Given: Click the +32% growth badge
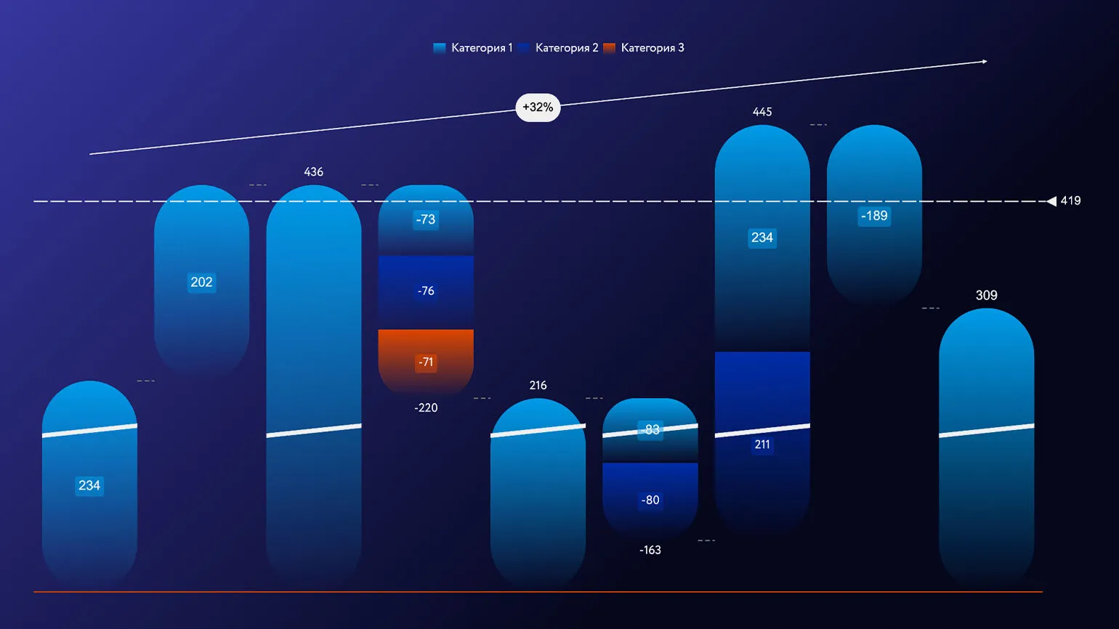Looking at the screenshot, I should (538, 107).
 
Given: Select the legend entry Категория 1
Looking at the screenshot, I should (473, 48).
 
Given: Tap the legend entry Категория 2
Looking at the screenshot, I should (559, 48).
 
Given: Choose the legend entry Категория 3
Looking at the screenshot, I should (644, 48).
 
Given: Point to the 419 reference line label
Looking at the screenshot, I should (1070, 201).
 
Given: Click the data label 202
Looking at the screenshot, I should (201, 283).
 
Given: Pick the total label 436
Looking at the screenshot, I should (313, 172).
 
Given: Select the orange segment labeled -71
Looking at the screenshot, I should (426, 361).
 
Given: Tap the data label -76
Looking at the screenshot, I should (426, 291).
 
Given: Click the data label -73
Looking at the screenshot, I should (426, 219).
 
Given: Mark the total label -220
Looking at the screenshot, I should (426, 408).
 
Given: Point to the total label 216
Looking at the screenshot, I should (538, 386).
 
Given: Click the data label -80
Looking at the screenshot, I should (650, 500).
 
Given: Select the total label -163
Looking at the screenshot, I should (650, 551).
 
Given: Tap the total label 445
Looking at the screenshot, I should (762, 112).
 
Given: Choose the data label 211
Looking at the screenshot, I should (762, 445).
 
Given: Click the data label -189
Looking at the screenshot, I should (874, 216).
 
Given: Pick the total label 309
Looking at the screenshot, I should (986, 296).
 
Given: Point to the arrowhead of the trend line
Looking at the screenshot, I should (985, 62).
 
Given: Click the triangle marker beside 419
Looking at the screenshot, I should (1051, 201).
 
